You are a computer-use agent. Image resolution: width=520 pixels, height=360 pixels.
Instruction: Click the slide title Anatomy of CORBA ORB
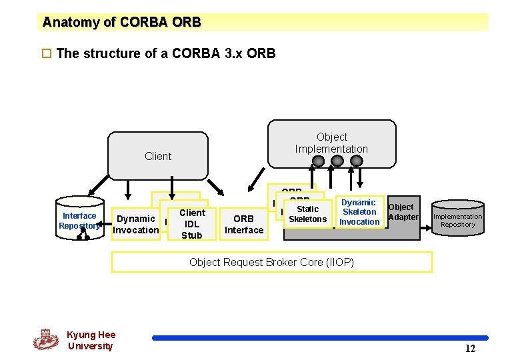coord(121,22)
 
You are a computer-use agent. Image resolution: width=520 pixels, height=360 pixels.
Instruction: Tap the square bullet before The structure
coord(46,53)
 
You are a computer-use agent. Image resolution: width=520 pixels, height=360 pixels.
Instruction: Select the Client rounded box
coord(158,156)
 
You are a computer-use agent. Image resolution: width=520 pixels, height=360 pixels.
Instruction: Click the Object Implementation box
coord(331,143)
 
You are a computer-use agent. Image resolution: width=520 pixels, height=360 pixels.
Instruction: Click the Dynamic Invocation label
coord(136,224)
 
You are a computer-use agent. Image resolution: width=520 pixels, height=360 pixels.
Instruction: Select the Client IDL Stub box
coord(192,223)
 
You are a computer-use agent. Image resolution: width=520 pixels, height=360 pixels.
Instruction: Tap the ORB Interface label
coord(244,224)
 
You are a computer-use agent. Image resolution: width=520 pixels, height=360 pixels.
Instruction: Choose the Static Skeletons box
coord(307,214)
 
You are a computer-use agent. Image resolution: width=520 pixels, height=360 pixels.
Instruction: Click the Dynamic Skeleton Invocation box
coord(359,212)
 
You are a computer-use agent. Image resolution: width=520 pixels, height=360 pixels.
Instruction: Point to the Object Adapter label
coord(403,212)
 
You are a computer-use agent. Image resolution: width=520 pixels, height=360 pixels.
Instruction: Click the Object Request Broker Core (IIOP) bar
coord(271,262)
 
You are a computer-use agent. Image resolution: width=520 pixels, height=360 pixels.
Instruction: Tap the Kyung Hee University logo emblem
coord(46,339)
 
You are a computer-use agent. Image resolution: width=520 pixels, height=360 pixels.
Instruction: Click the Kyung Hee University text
coord(91,340)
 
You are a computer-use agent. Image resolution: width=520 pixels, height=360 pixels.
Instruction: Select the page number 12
coord(470,348)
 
